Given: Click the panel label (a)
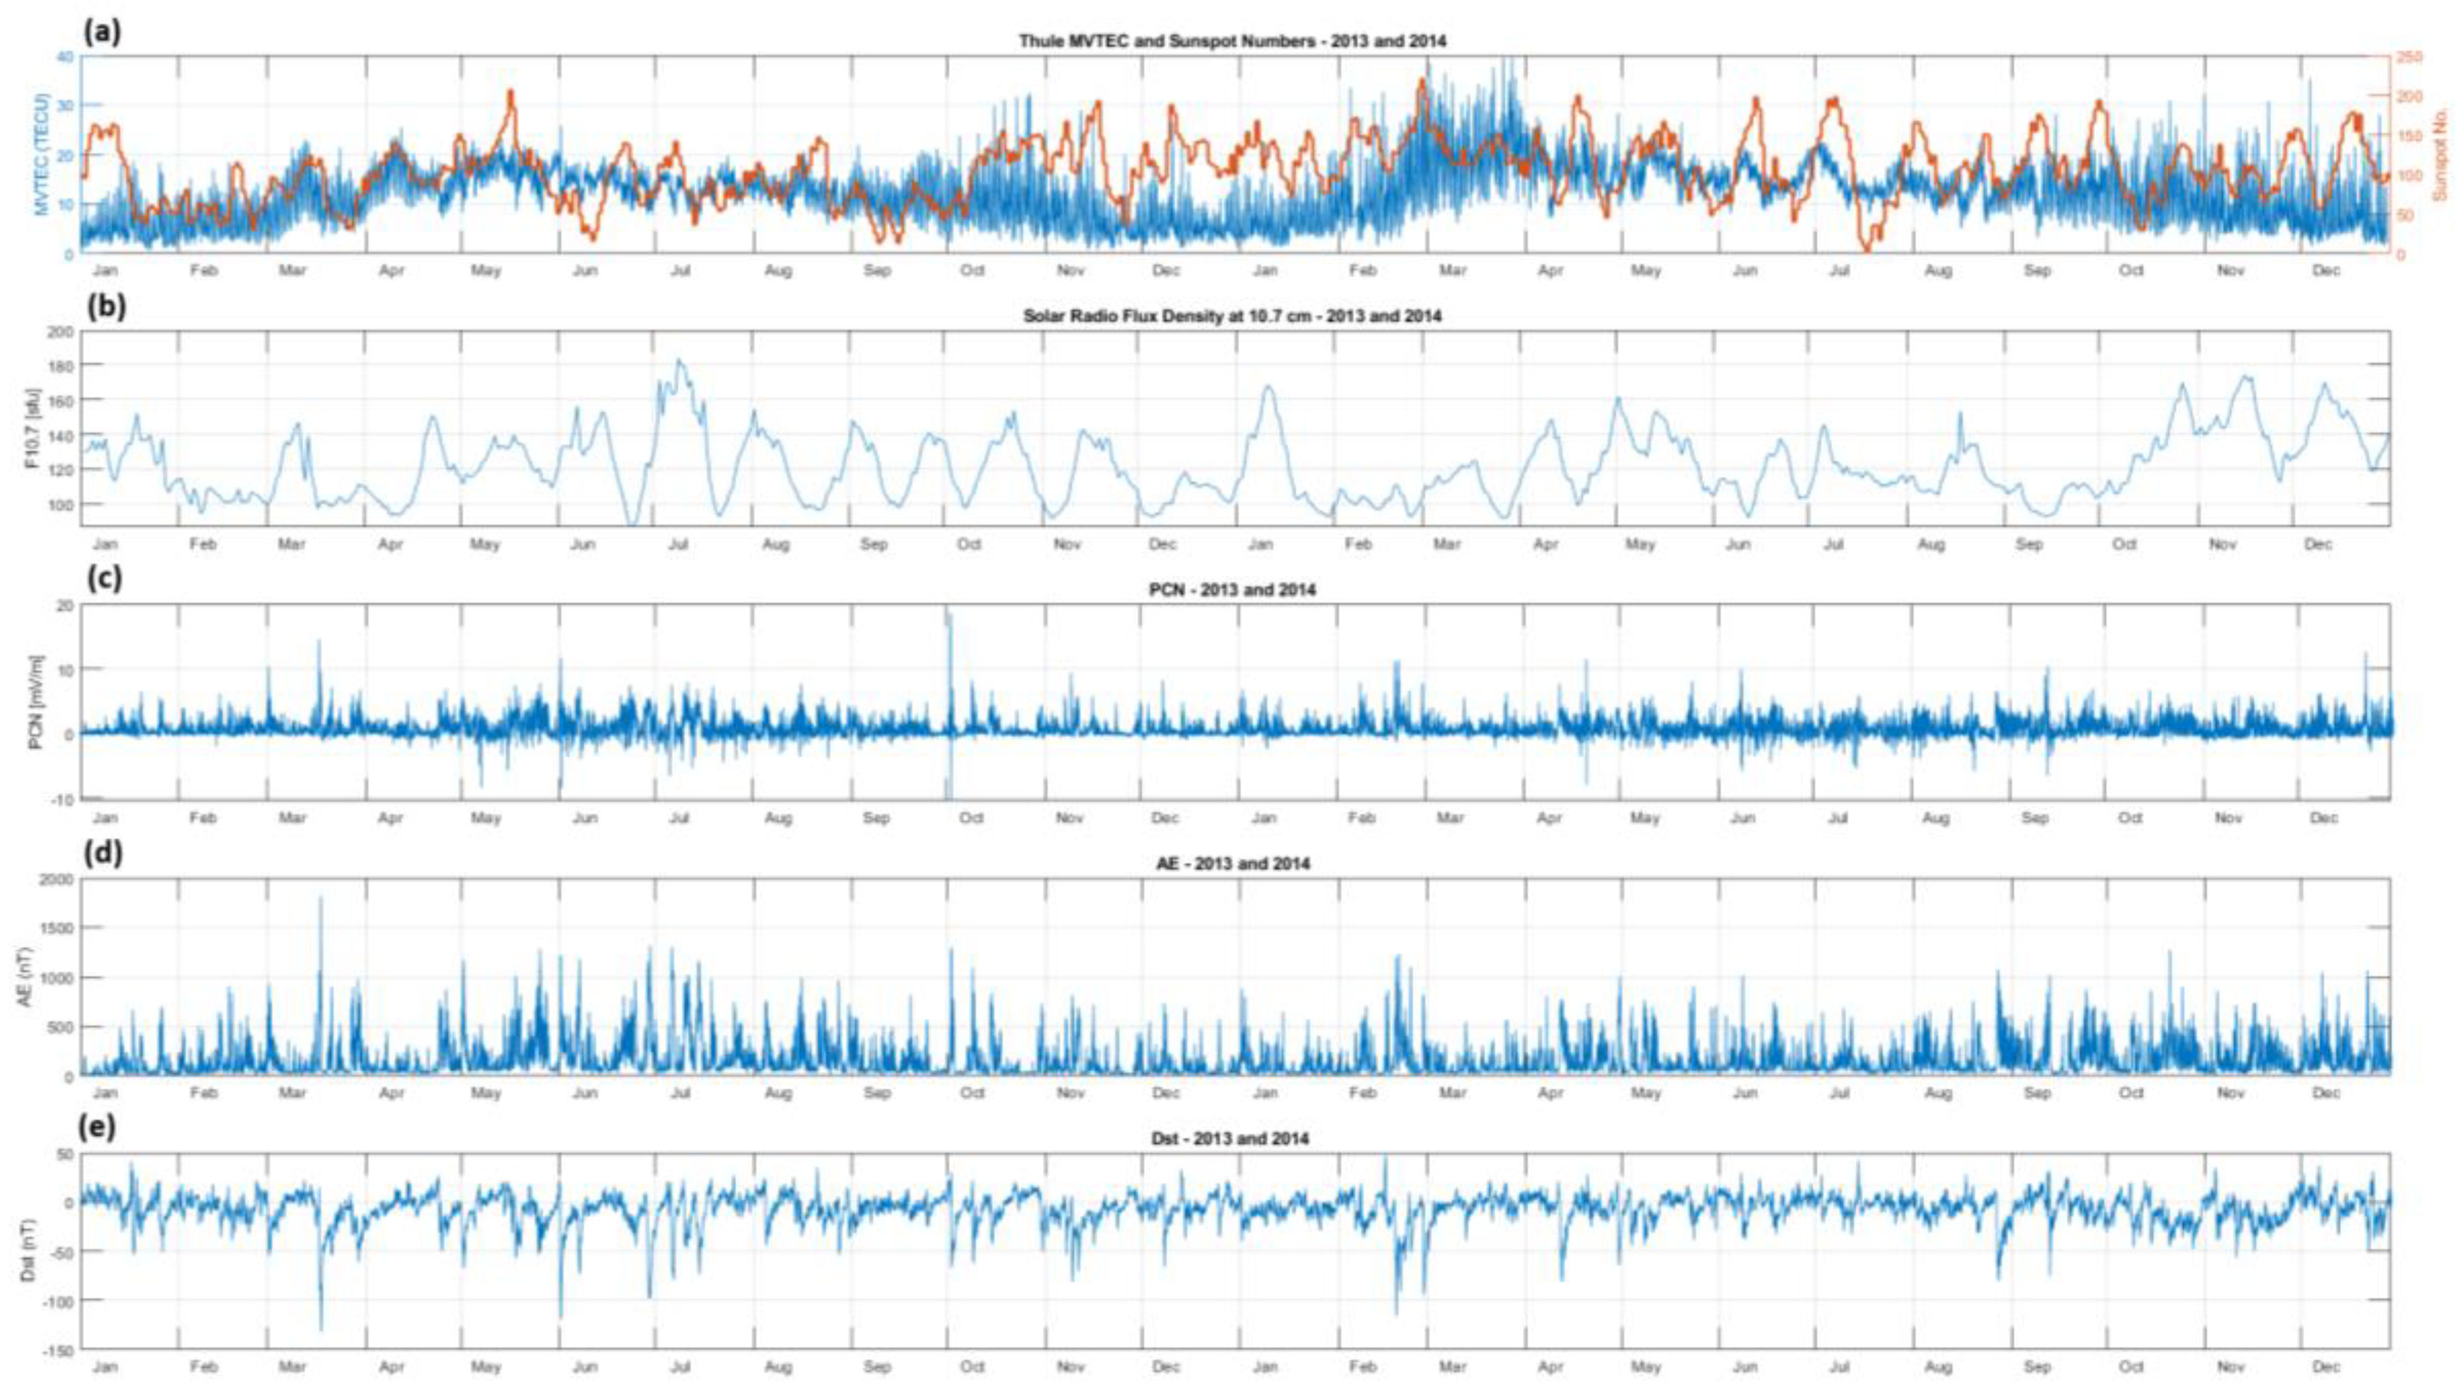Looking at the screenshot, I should tap(103, 33).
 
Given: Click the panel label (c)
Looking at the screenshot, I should tap(103, 579).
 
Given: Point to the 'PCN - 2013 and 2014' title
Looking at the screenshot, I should tap(1231, 590).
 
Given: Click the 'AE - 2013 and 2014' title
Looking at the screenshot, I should tap(1231, 864).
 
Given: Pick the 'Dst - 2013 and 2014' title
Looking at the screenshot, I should tap(1231, 1138).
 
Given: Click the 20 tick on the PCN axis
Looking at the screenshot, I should tap(65, 605).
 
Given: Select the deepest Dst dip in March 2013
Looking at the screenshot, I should tap(320, 1329).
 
